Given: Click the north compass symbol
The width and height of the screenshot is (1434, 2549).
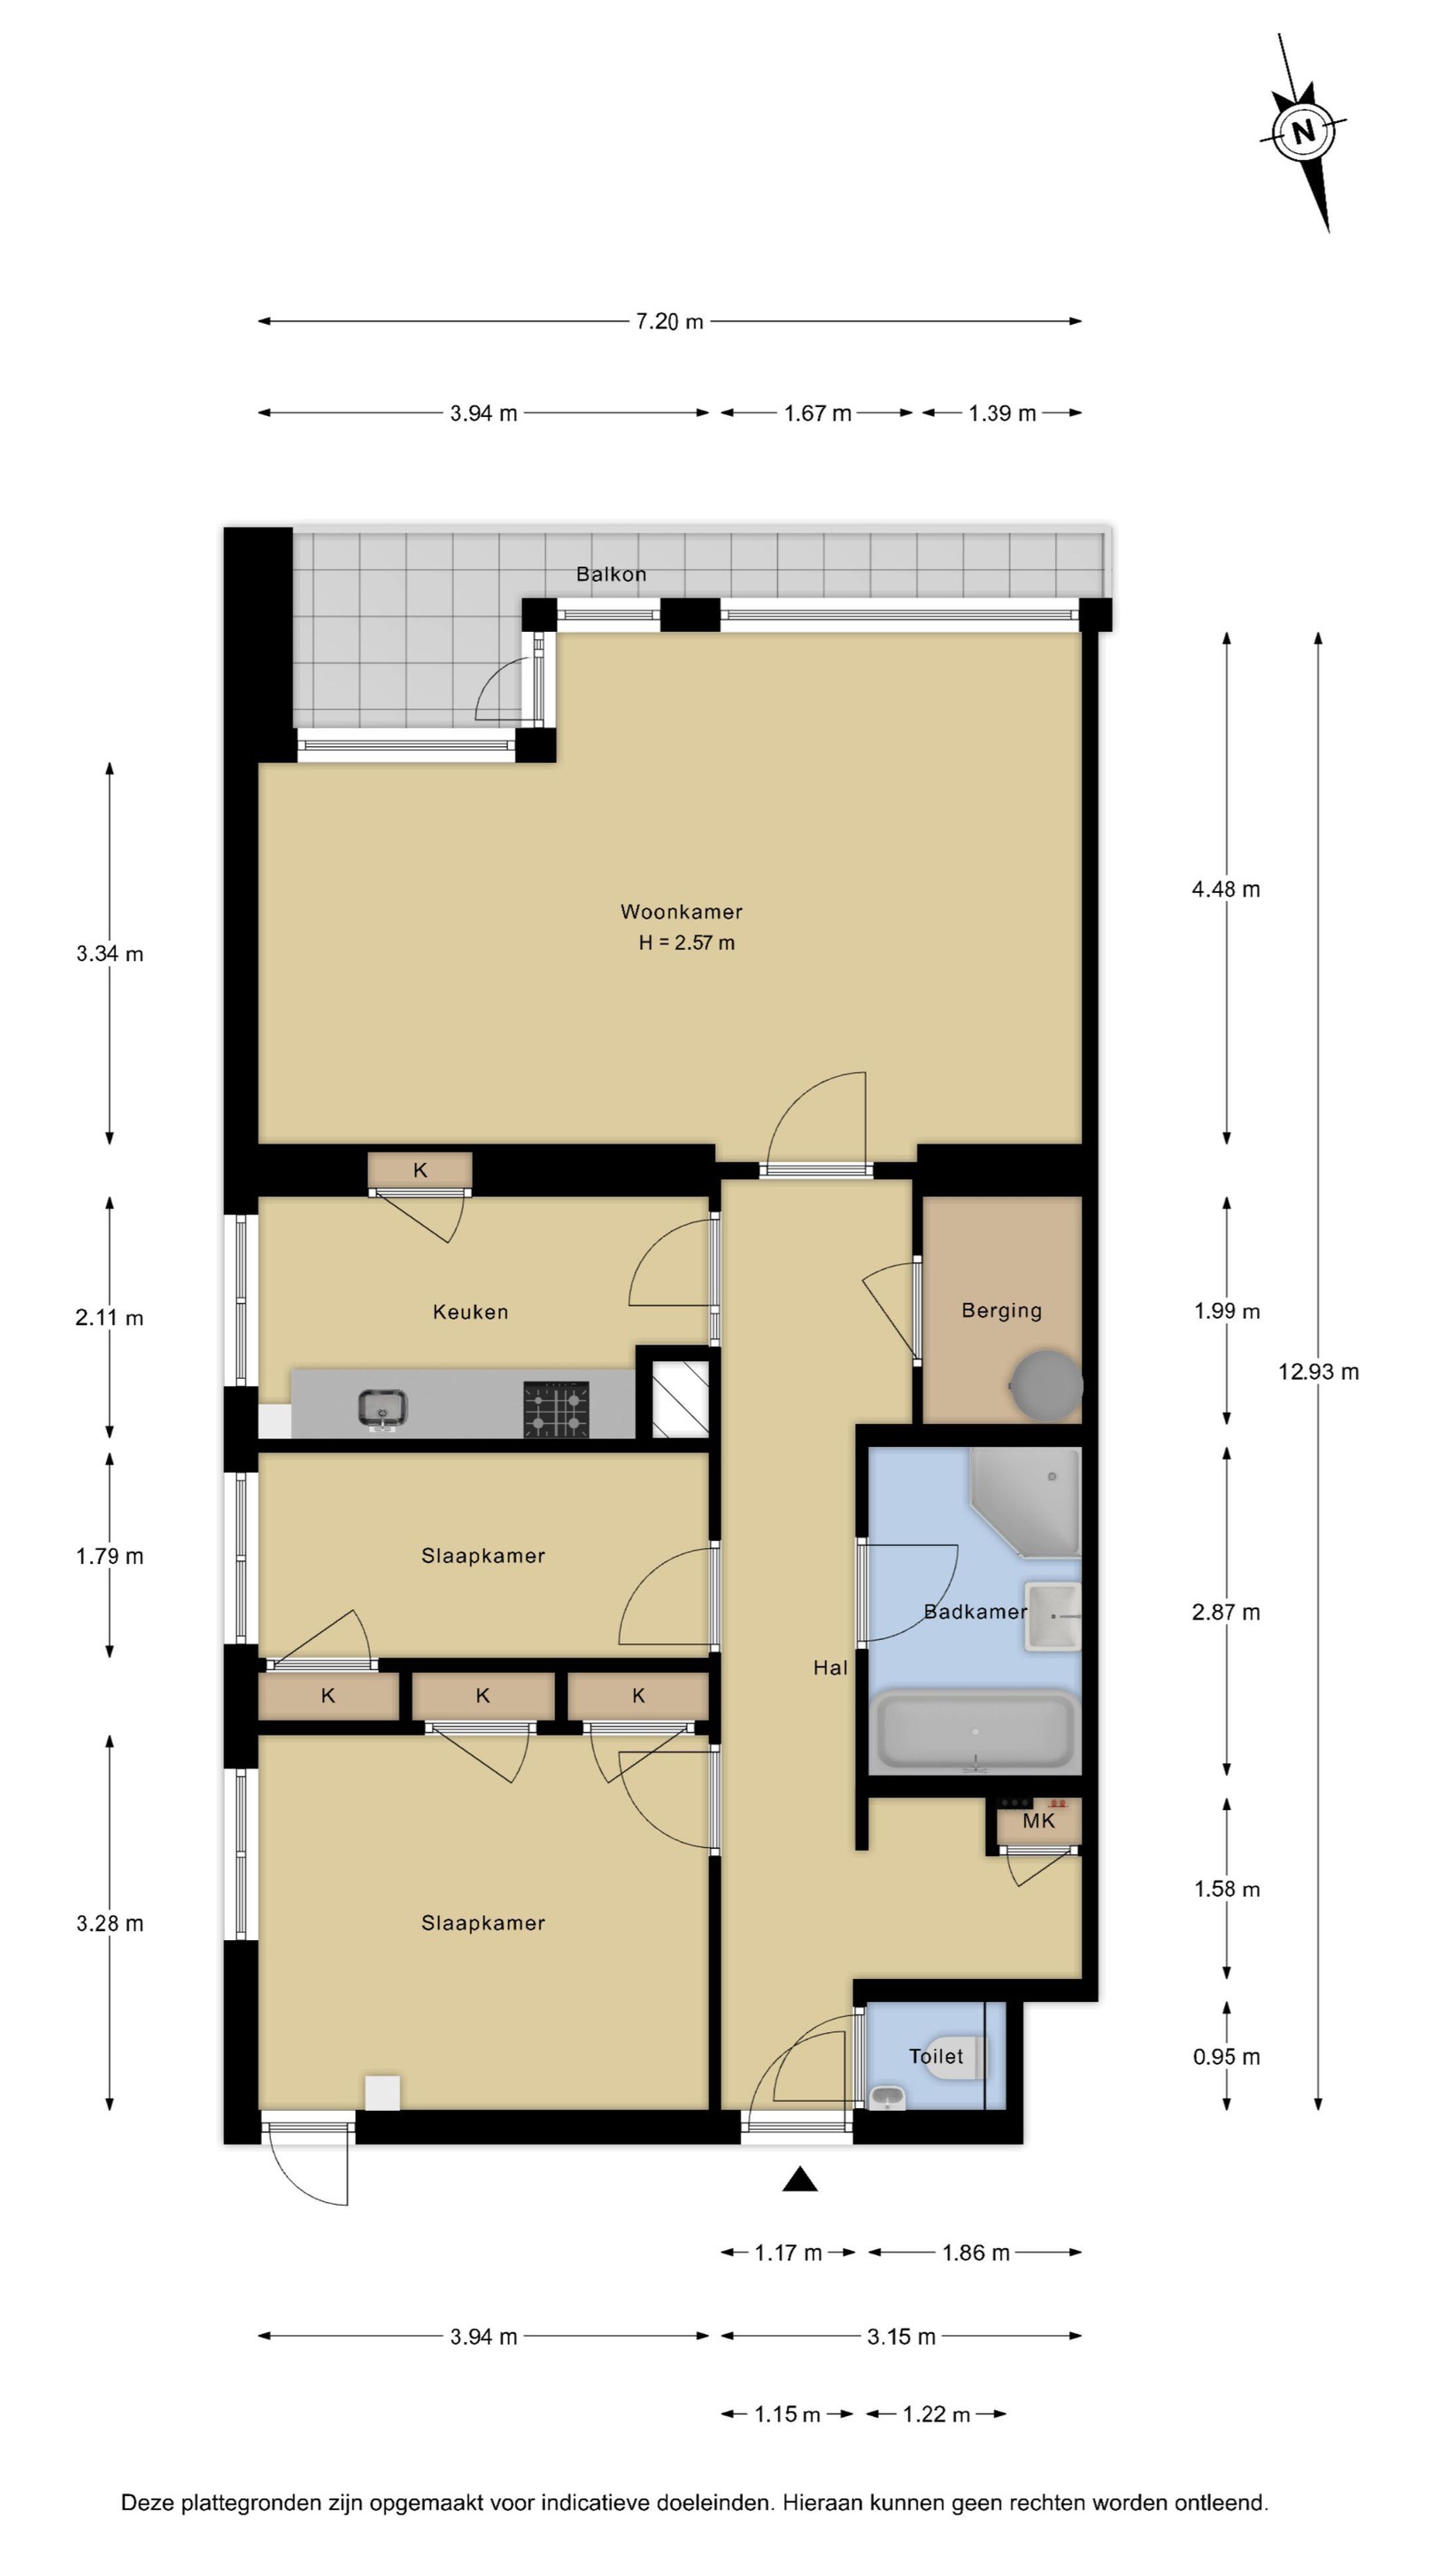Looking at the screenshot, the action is tap(1302, 132).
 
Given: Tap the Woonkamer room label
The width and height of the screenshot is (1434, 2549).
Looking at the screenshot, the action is tap(681, 912).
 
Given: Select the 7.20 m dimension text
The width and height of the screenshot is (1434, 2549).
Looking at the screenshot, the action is tap(669, 321).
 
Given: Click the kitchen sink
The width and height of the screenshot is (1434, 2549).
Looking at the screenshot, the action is tap(382, 1409).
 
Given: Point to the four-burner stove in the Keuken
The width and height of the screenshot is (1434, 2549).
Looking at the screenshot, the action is tap(555, 1409).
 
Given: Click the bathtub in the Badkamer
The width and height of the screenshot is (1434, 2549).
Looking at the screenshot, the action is tap(975, 1730).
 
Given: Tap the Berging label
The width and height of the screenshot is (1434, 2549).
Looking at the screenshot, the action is tap(1001, 1310).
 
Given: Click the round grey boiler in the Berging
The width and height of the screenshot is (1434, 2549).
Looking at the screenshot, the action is tap(1046, 1385).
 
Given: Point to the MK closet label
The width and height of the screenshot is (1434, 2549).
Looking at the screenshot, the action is tap(1039, 1821).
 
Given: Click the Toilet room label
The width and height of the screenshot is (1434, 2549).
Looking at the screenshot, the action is tap(936, 2056).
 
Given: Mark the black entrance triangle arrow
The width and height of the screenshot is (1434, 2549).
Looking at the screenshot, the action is tap(799, 2179).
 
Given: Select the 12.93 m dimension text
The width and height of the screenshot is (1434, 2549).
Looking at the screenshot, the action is tap(1318, 1372).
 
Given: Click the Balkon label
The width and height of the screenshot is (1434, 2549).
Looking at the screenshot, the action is tap(611, 574).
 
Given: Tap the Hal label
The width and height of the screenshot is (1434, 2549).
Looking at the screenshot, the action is tap(830, 1667).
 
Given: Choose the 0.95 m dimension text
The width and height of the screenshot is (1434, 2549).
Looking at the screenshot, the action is tap(1226, 2056).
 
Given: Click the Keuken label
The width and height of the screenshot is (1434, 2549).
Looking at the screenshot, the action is tap(470, 1312).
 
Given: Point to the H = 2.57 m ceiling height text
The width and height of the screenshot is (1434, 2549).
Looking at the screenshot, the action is tap(686, 943).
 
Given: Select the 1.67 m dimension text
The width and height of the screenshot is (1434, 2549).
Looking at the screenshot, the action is tap(817, 413).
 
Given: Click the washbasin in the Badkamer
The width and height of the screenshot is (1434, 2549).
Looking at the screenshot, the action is tap(1052, 1616).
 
